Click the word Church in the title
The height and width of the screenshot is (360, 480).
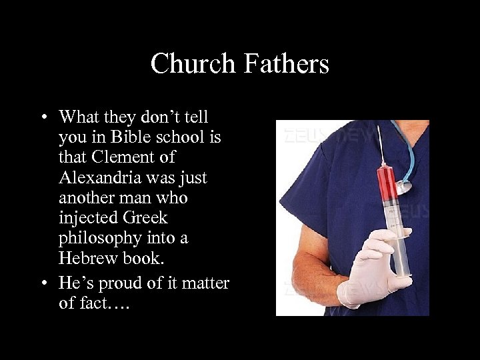[x=193, y=64]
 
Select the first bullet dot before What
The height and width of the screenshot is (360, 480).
[x=43, y=117]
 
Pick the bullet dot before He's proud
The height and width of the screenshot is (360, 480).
[x=43, y=283]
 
